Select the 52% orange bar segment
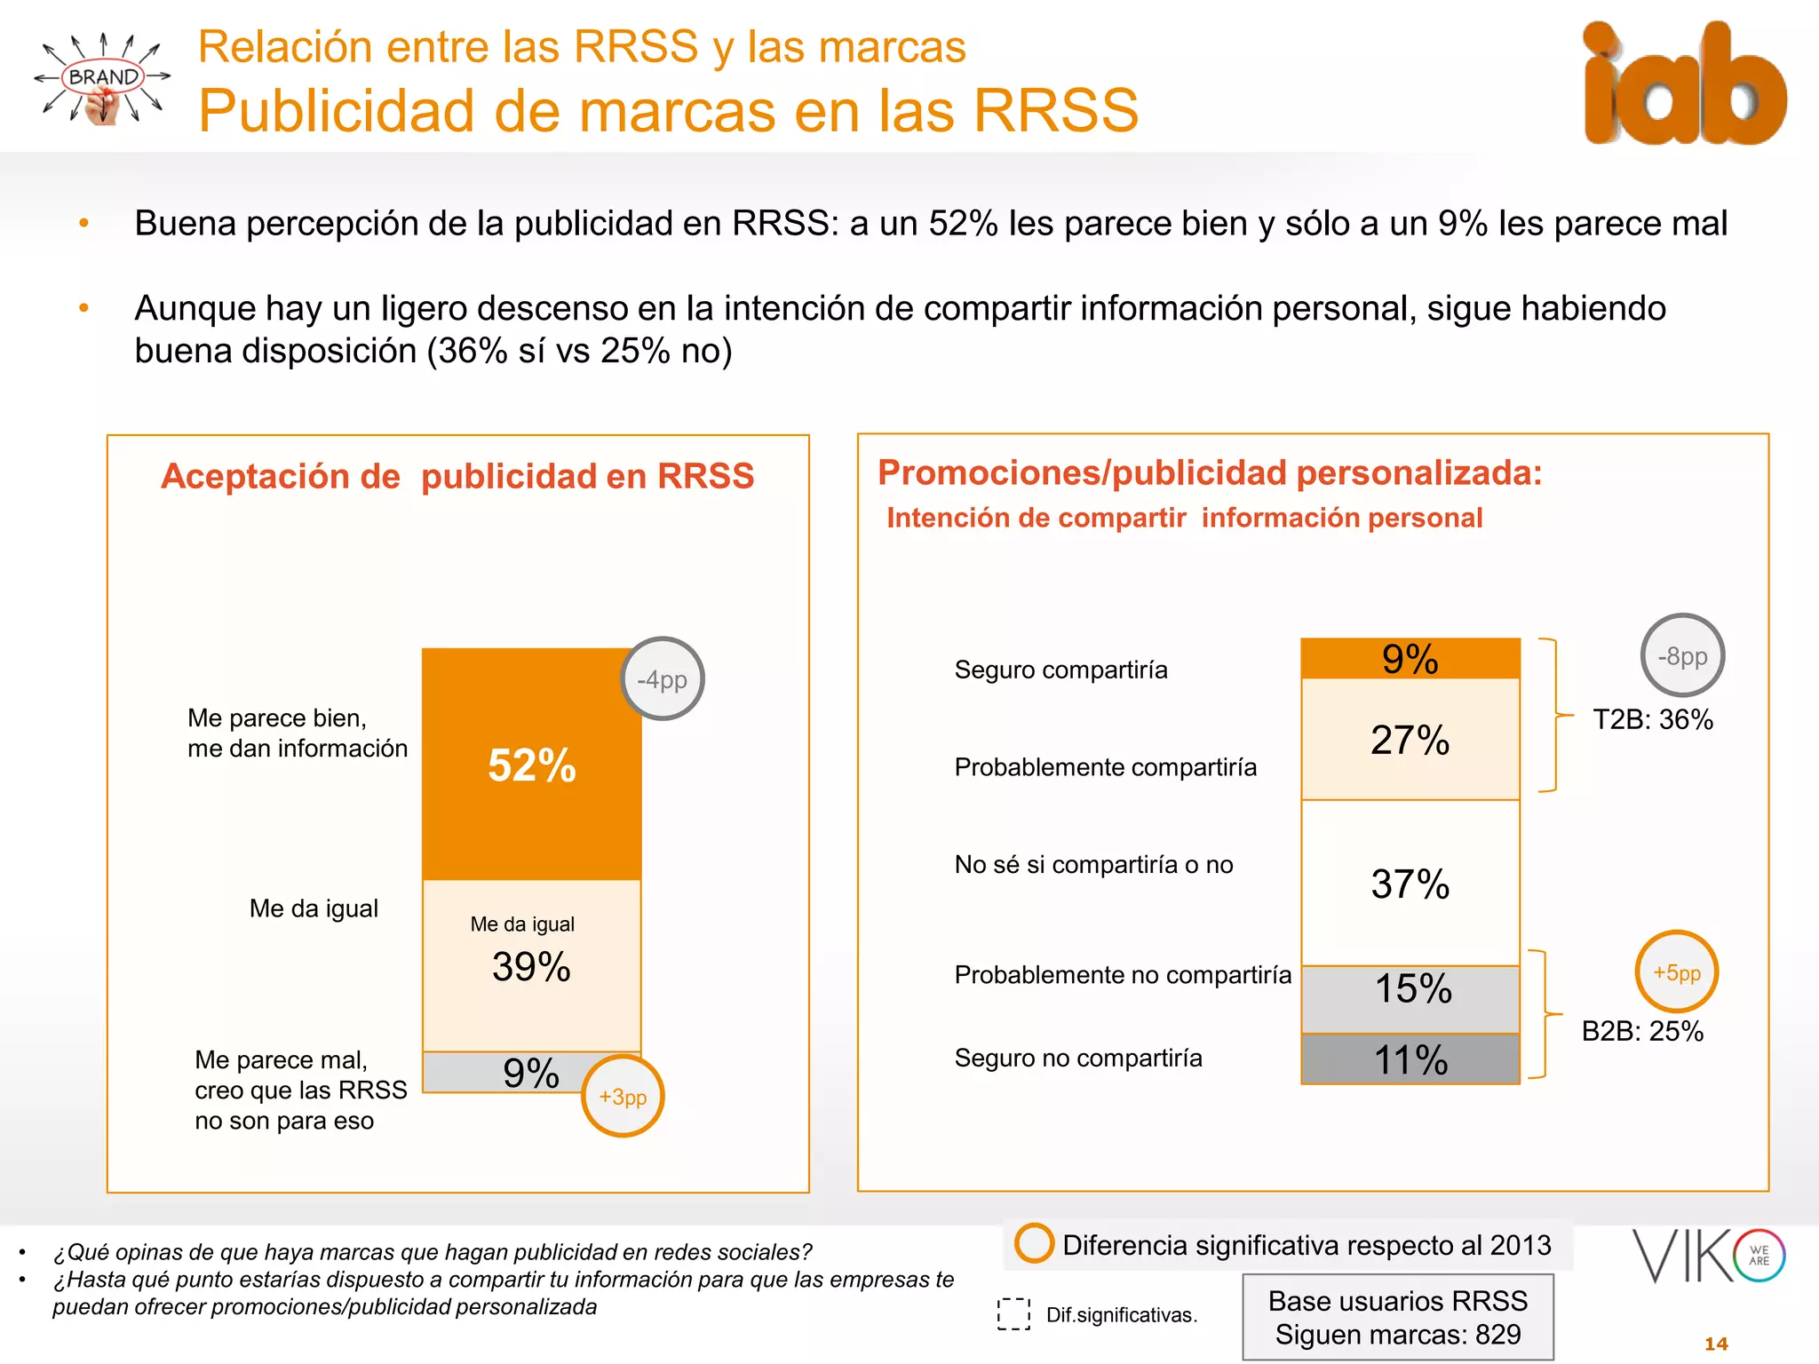(x=531, y=765)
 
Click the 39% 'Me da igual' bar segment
(x=531, y=966)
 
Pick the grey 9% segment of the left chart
(x=497, y=1073)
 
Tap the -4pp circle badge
(x=662, y=679)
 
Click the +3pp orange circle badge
(x=623, y=1097)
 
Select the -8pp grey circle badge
(x=1682, y=656)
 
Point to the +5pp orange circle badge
(x=1677, y=972)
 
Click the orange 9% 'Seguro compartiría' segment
(x=1410, y=659)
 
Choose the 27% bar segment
(x=1410, y=740)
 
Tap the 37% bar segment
(x=1410, y=884)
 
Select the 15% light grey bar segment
(x=1410, y=999)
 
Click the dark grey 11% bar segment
(x=1410, y=1059)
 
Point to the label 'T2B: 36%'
(x=1652, y=719)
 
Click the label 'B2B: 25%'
(x=1642, y=1031)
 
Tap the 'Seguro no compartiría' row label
(x=1078, y=1058)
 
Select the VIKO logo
(x=1708, y=1256)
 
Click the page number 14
(x=1716, y=1344)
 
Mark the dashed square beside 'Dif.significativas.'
(x=1013, y=1314)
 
